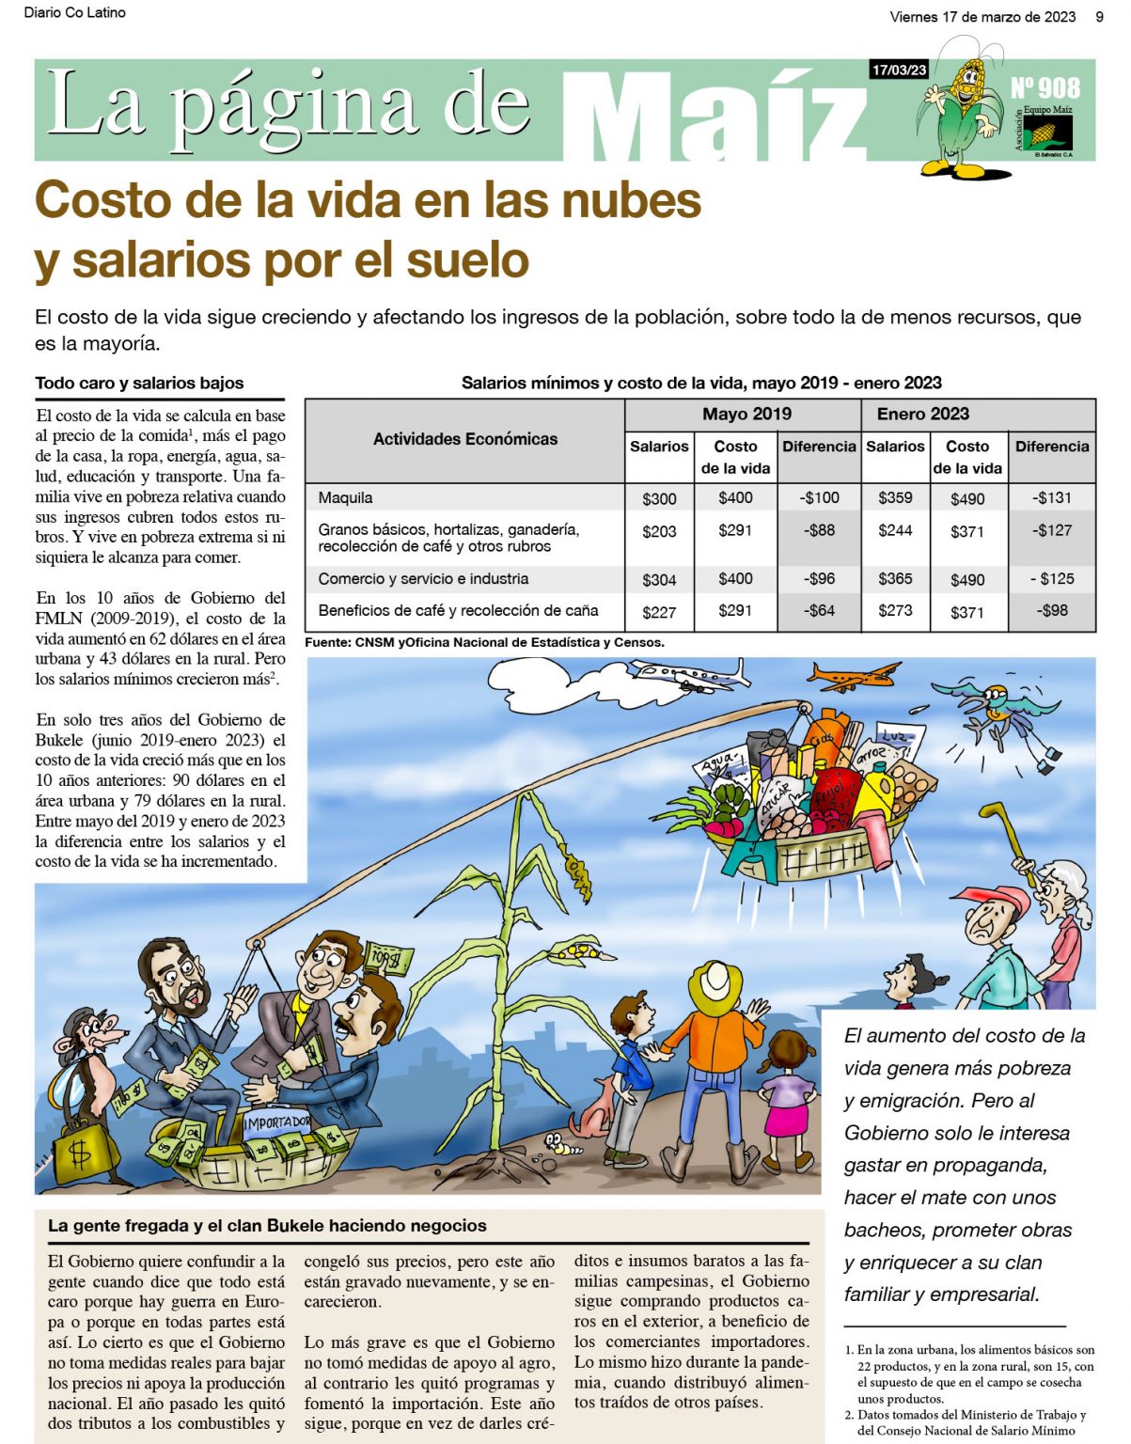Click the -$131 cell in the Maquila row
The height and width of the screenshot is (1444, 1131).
tap(1051, 498)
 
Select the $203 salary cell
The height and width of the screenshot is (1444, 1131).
tap(659, 531)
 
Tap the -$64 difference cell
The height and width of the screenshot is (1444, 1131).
tap(819, 611)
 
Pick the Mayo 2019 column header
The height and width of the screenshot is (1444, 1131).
tap(746, 414)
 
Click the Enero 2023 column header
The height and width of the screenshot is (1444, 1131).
tap(922, 414)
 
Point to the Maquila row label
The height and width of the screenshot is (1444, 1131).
tap(345, 498)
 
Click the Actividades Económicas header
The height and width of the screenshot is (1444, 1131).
tap(465, 439)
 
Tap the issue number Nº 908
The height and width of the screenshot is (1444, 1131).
tap(1045, 88)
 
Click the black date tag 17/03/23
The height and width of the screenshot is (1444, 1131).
tap(899, 70)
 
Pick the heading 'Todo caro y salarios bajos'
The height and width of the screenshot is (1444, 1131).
tap(139, 384)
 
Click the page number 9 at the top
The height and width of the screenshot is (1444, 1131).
tap(1099, 16)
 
